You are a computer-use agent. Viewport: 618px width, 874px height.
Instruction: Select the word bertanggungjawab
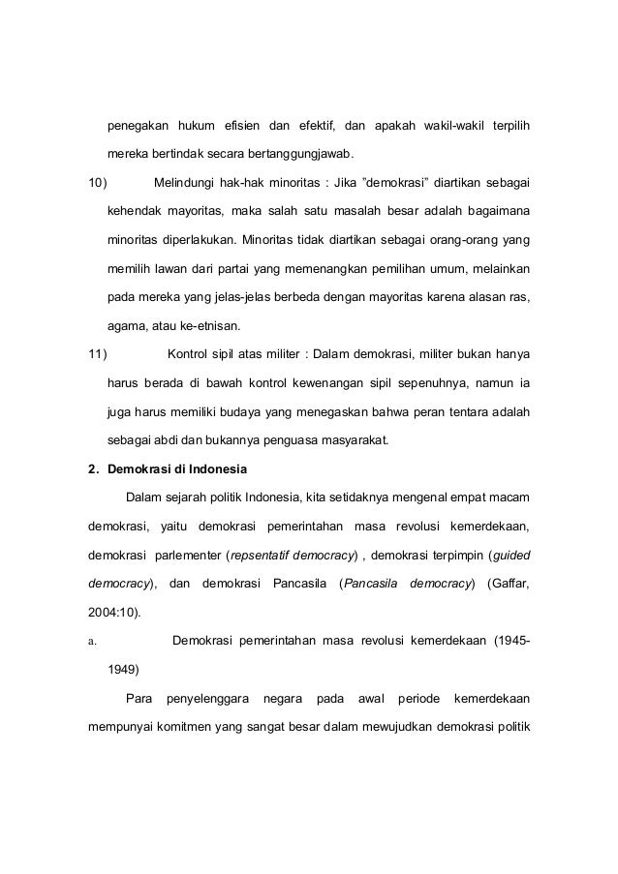click(301, 154)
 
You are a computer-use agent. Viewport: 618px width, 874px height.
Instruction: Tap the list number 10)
click(99, 181)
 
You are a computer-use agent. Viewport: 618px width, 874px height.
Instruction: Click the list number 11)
click(99, 352)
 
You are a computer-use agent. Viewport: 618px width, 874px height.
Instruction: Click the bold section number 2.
click(93, 471)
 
